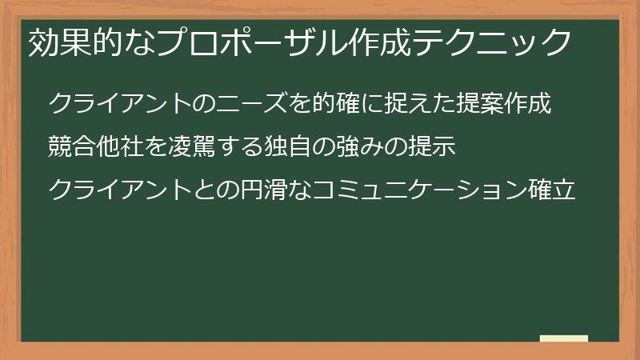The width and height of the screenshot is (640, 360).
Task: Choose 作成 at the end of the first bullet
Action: tap(529, 104)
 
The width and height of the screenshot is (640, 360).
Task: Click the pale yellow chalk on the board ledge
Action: tap(564, 338)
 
